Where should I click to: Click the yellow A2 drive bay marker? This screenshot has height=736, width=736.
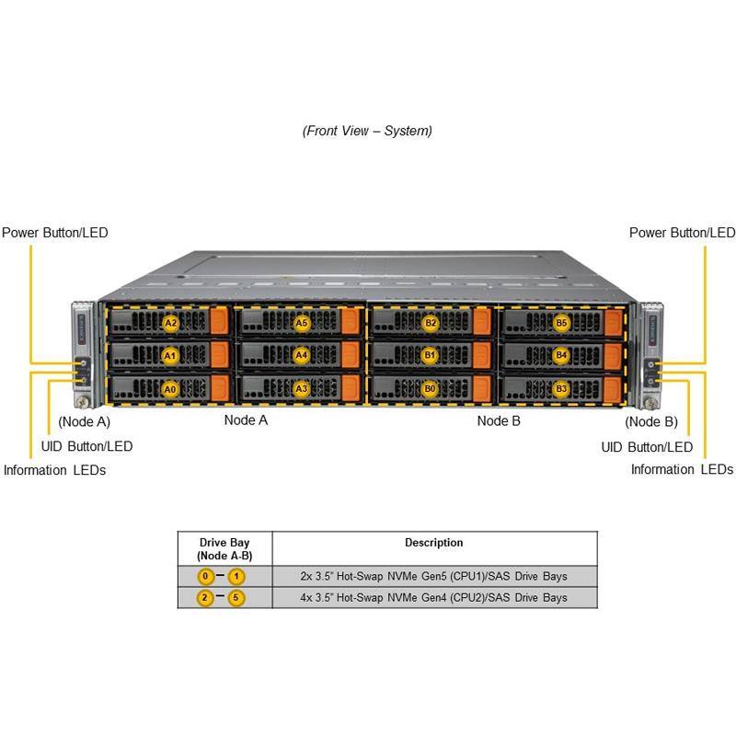(x=170, y=323)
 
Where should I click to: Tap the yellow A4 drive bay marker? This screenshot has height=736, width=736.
(x=301, y=354)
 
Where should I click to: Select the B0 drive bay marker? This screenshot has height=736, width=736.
(x=430, y=388)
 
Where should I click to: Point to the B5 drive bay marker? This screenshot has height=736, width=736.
(x=562, y=323)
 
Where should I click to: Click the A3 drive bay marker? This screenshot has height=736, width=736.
(x=301, y=388)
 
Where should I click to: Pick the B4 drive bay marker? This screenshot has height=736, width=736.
(x=562, y=354)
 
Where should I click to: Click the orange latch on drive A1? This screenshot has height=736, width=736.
(x=219, y=354)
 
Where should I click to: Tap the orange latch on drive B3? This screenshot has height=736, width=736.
(x=614, y=388)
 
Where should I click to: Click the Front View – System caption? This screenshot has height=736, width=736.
(x=367, y=131)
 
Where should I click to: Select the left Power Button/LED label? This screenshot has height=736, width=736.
(x=55, y=233)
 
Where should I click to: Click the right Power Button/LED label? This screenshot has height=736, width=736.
(x=682, y=233)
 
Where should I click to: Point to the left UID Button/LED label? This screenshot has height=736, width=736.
(x=87, y=446)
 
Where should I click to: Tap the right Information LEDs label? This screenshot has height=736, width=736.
(x=682, y=469)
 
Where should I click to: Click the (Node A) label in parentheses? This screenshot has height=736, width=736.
(x=84, y=422)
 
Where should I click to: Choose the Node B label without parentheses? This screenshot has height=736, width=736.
(x=499, y=420)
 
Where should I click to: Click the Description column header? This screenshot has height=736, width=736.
(x=434, y=543)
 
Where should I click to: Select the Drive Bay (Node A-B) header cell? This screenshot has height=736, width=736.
(x=224, y=549)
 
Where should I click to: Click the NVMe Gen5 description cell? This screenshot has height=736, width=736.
(x=434, y=577)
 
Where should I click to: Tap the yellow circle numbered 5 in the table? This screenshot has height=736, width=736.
(x=237, y=598)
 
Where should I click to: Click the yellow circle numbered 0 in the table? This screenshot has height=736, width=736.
(x=207, y=577)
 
